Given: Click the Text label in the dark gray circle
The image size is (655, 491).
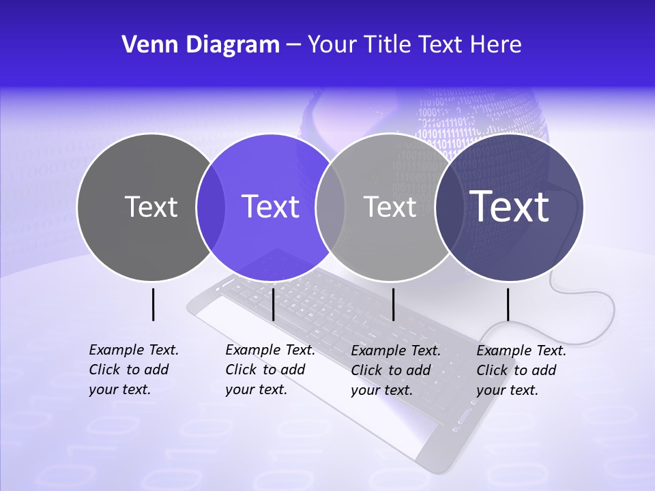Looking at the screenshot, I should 151,207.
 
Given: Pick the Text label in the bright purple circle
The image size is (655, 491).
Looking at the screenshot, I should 270,207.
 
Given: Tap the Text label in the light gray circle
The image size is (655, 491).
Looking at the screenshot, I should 390,207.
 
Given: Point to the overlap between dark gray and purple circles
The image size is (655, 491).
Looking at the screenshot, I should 210,207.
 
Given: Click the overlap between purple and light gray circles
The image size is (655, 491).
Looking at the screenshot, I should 330,207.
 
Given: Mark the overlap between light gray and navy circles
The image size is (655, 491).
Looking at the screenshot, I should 448,207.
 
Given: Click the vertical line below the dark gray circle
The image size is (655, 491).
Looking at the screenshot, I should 153,304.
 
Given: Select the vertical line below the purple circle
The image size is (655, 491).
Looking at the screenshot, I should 273,304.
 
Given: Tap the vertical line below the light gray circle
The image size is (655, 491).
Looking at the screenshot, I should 393,304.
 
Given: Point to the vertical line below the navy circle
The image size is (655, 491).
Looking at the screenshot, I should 508,304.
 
